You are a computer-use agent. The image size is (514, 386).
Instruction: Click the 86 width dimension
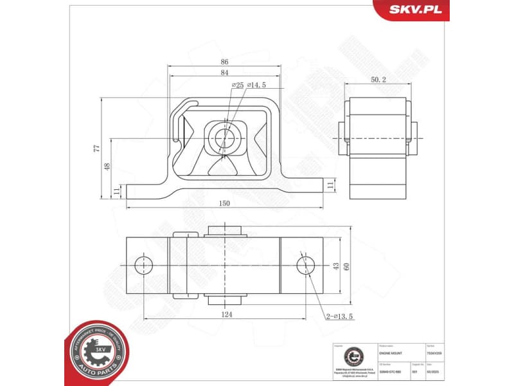tap(224, 62)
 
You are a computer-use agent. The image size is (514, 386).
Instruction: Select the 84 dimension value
tap(224, 73)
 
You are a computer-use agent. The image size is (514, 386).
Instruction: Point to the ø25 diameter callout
tap(236, 85)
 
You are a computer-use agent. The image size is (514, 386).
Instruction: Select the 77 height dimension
tap(97, 148)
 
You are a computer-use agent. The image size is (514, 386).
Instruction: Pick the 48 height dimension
tap(107, 166)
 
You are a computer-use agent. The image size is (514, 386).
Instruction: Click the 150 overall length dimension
tap(224, 203)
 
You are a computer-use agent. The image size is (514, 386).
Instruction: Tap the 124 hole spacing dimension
tap(226, 315)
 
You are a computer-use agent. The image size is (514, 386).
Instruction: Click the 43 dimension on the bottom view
tap(335, 265)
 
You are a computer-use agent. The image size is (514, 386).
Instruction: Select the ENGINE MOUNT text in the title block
tap(392, 353)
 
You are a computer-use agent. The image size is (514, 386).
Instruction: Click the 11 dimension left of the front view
tap(116, 192)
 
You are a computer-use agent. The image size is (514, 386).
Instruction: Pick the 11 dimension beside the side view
tap(331, 185)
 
